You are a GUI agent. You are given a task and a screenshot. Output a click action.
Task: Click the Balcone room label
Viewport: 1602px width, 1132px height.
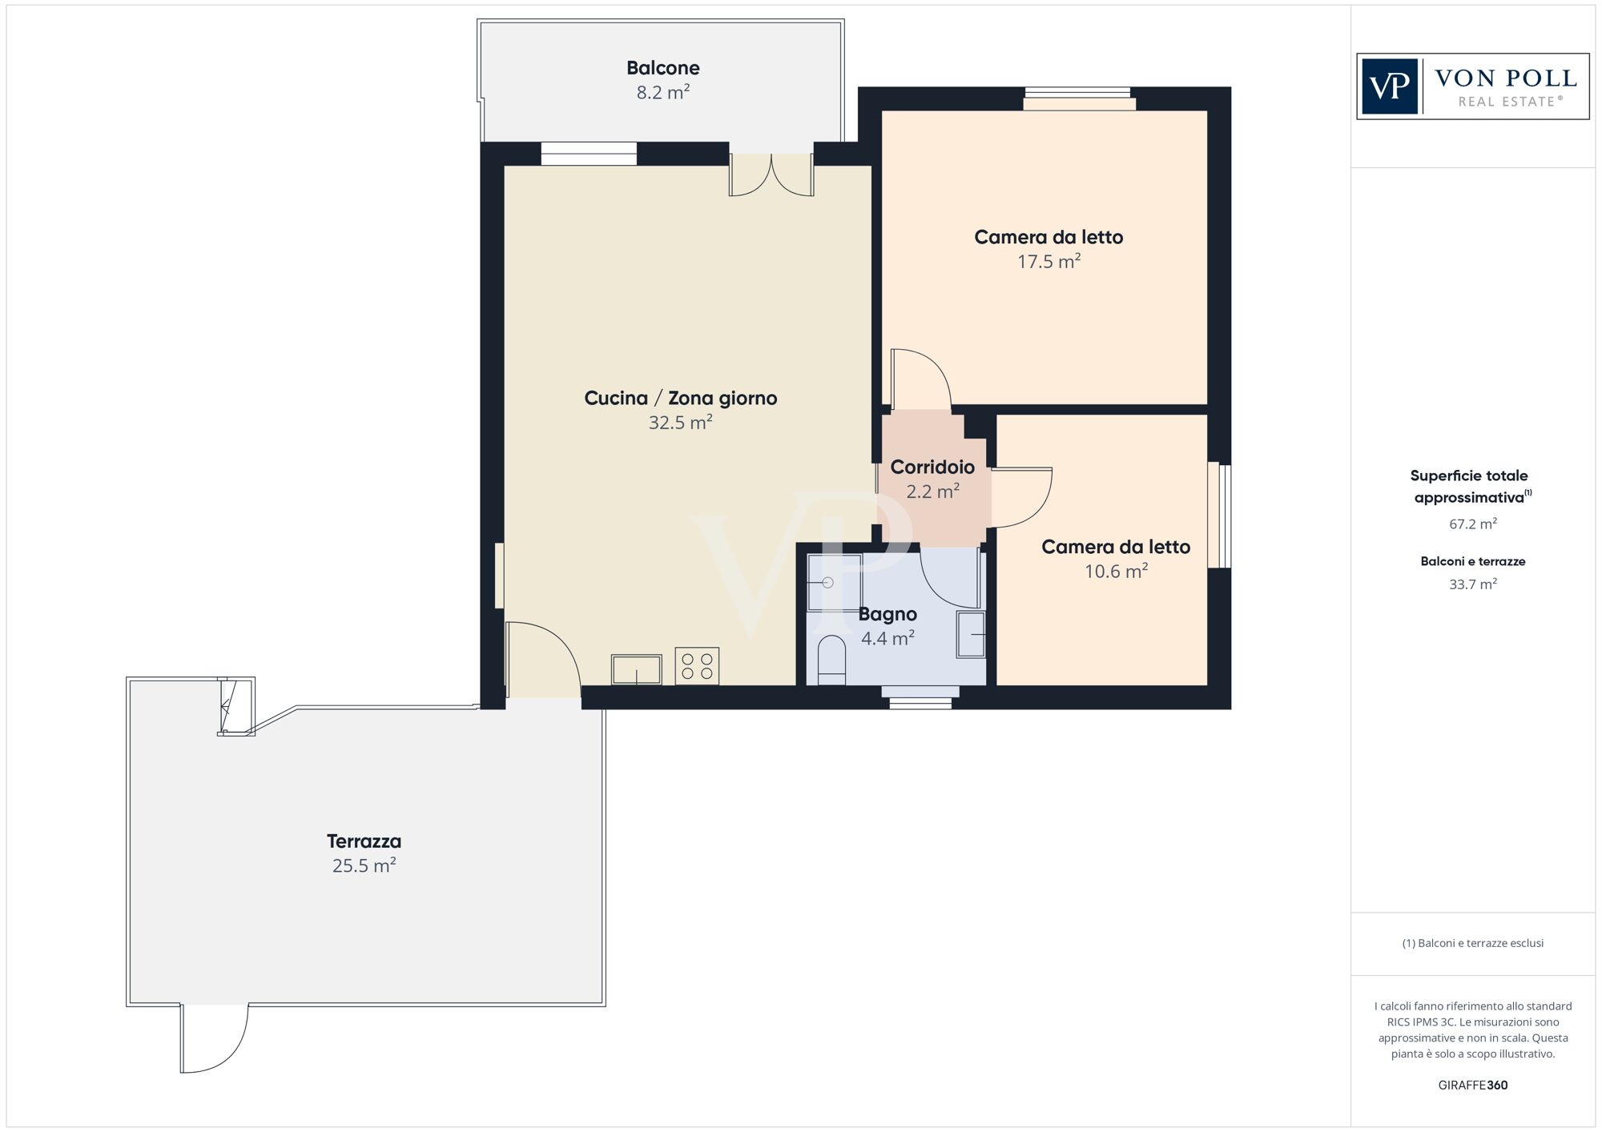point(663,68)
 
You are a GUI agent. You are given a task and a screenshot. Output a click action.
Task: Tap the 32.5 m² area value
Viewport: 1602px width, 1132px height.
point(681,422)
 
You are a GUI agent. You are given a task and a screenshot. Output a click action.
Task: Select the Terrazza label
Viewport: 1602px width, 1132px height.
point(364,841)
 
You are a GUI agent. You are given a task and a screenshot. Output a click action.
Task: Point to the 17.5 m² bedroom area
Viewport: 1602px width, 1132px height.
point(1049,261)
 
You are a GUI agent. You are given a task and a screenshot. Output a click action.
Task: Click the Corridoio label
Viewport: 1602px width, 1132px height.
point(932,467)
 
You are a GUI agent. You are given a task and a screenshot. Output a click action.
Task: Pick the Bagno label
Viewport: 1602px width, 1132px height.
point(888,614)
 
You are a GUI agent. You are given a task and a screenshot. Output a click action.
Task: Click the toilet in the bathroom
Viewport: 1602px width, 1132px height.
point(831,660)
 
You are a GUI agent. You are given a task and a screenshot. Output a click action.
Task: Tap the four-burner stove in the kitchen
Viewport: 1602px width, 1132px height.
point(697,666)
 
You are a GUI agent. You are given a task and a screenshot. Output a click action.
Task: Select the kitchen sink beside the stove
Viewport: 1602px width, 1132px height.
point(637,670)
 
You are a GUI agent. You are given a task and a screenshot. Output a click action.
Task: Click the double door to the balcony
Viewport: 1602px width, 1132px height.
point(771,175)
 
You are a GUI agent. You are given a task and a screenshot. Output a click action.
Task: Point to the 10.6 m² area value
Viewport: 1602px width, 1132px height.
point(1117,571)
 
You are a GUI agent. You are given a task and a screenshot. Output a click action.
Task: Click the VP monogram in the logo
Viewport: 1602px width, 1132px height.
point(1390,86)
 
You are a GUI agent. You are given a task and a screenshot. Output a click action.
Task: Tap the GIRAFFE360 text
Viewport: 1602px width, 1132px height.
point(1473,1086)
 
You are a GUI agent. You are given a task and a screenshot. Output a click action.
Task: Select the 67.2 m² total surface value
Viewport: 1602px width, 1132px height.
point(1473,524)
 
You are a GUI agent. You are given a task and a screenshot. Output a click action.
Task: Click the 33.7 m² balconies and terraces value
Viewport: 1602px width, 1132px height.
point(1473,584)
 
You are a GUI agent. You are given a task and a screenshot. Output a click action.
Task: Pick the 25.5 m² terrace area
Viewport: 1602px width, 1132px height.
point(364,865)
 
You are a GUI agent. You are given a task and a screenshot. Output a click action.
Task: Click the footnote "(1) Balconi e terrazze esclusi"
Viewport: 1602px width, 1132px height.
point(1473,943)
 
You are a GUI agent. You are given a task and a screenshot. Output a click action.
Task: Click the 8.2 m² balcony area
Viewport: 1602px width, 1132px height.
point(663,92)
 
